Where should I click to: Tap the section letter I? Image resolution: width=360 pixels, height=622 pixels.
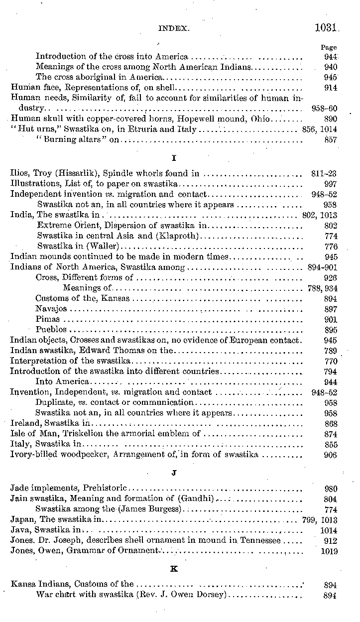[174, 158]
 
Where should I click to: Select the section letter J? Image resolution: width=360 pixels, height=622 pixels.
[174, 473]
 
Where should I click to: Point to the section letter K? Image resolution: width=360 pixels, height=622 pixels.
[174, 569]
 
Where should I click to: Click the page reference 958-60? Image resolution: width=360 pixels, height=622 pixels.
[324, 109]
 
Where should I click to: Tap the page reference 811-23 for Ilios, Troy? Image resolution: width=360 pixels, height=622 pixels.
[324, 174]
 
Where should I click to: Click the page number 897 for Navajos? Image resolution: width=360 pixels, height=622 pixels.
[330, 309]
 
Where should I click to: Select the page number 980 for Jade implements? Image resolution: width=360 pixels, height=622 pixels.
[330, 489]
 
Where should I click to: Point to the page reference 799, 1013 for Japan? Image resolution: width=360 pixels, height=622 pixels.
[320, 520]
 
